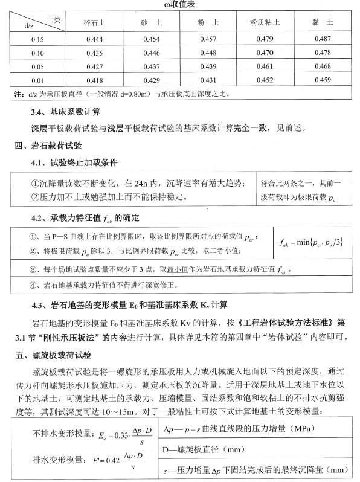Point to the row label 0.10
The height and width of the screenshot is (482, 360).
pyautogui.click(x=38, y=53)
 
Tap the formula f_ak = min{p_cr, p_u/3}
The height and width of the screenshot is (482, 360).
pyautogui.click(x=312, y=242)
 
